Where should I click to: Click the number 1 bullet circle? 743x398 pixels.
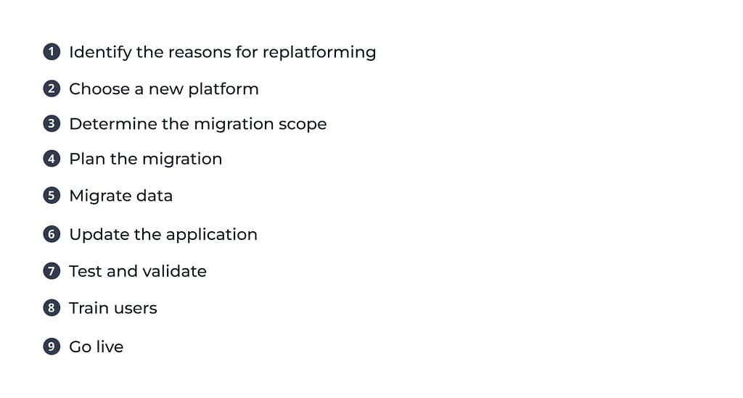pos(52,51)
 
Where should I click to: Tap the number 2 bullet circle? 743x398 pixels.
pos(52,88)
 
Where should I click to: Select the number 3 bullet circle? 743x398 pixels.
pos(52,123)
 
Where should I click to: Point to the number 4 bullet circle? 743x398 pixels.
pos(52,159)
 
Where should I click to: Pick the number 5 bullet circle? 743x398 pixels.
pos(52,196)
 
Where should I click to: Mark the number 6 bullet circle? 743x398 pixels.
pos(52,233)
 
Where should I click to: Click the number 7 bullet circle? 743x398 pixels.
pos(52,270)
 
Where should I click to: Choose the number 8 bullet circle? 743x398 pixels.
pos(52,307)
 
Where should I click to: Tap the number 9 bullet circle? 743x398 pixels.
pos(52,347)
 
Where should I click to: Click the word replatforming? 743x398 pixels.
pos(319,53)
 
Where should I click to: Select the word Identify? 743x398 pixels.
pos(100,52)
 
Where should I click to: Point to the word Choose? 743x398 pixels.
pos(99,89)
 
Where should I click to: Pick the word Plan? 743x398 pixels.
pos(87,159)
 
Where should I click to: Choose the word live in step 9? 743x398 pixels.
pos(110,347)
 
